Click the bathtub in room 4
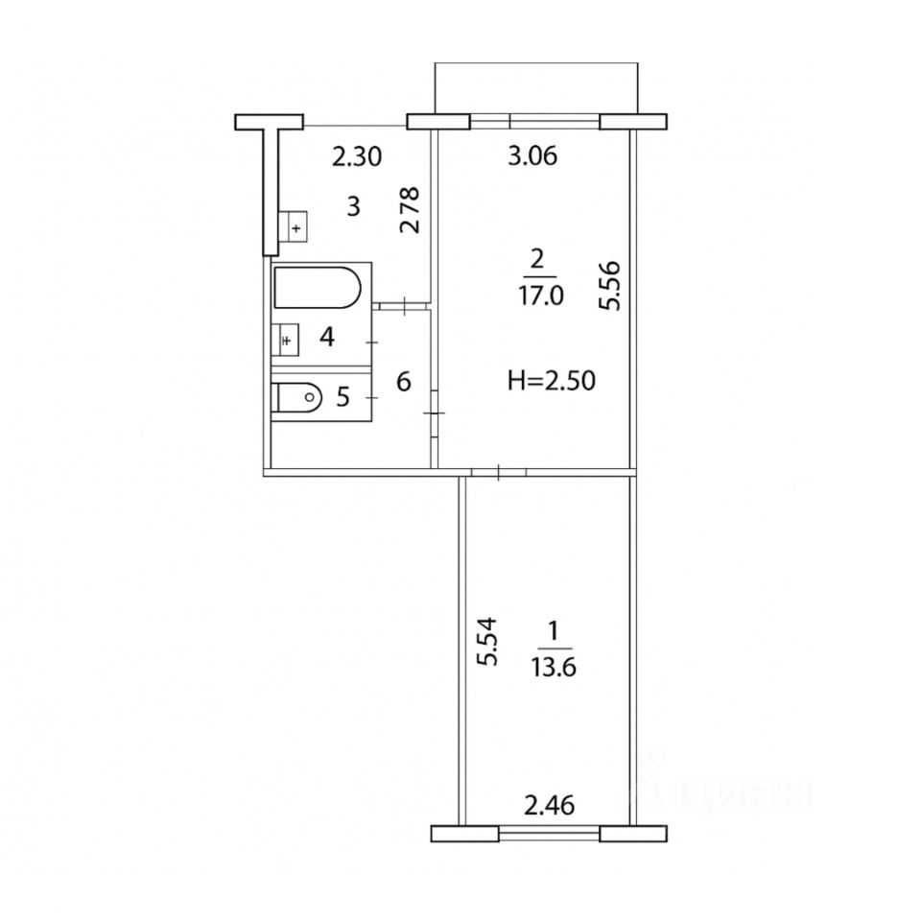[x=318, y=287]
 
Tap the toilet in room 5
[x=297, y=397]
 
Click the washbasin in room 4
[x=286, y=340]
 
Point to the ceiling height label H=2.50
[x=552, y=381]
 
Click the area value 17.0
[x=540, y=295]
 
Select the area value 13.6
[x=554, y=668]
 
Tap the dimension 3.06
[x=532, y=156]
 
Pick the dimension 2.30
[x=357, y=156]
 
